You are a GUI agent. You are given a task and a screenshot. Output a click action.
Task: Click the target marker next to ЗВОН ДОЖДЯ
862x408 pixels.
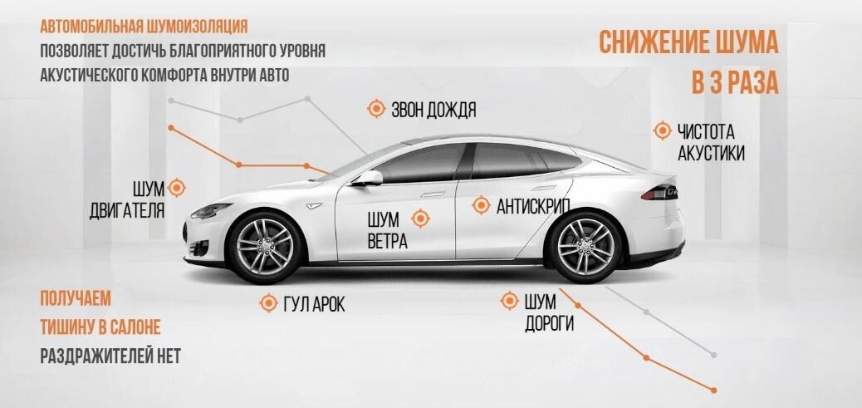click(376, 109)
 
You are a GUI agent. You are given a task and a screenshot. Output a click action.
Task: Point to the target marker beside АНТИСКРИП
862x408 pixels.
click(481, 205)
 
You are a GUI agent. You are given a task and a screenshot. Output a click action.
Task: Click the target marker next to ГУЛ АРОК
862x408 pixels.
click(268, 303)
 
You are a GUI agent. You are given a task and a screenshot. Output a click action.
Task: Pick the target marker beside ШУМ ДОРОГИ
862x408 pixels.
click(508, 301)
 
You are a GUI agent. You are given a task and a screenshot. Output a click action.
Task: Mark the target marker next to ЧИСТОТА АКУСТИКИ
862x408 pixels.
click(662, 130)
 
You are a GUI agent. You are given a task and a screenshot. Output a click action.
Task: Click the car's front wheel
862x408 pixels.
click(264, 244)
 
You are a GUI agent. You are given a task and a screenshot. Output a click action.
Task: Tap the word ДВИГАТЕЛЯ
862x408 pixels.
click(126, 209)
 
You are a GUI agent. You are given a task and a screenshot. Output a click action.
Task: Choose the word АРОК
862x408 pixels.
click(326, 304)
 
